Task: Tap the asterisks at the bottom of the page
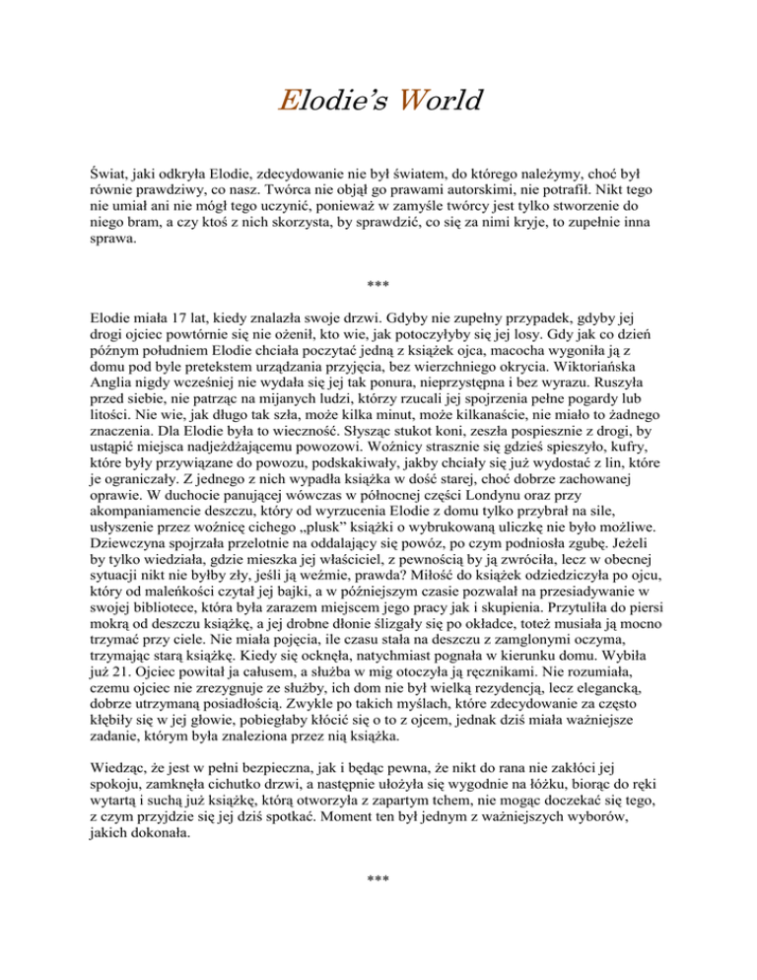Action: [x=378, y=875]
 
